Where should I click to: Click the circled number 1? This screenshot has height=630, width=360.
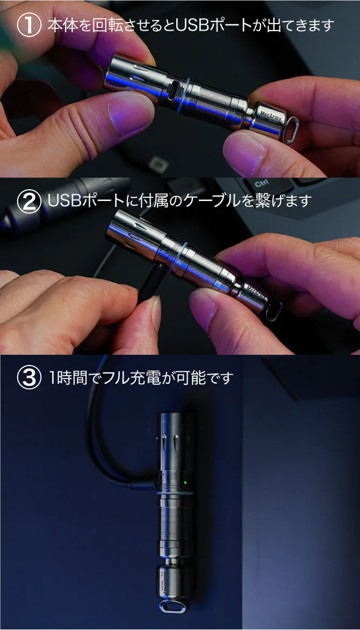pos(29,25)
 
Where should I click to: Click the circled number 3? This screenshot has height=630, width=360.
pos(29,378)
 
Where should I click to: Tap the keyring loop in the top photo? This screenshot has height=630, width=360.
pos(292,130)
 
